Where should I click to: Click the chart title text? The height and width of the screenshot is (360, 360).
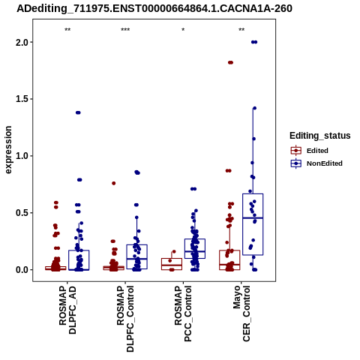click(x=154, y=9)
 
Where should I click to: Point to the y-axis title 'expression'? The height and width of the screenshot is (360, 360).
click(x=8, y=150)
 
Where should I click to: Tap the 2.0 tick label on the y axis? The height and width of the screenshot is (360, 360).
click(x=22, y=42)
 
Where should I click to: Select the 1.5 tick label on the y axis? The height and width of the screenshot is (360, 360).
click(x=22, y=99)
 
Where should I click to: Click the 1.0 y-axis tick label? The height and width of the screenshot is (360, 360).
click(x=22, y=156)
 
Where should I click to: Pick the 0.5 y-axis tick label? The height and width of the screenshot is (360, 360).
click(x=22, y=213)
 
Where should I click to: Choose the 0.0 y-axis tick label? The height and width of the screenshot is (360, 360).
click(x=22, y=270)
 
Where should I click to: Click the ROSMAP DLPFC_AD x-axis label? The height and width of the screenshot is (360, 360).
click(x=67, y=310)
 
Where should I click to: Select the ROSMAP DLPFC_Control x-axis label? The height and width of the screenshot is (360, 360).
click(x=125, y=319)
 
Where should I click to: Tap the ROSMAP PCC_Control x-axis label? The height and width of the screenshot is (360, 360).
click(x=183, y=313)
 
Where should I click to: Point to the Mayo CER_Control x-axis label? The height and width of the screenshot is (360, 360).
click(x=241, y=313)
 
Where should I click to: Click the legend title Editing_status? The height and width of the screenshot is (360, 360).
click(x=320, y=136)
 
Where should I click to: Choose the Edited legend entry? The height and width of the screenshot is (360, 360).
click(x=310, y=151)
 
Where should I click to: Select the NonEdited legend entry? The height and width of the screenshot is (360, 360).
click(x=316, y=163)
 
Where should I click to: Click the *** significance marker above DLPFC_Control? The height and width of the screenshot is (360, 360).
click(x=125, y=30)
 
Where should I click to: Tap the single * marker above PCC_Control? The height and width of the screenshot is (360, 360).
click(x=183, y=30)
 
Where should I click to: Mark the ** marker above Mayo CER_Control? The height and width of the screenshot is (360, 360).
click(x=241, y=30)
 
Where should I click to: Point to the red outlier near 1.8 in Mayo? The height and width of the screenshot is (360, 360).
click(x=230, y=62)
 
